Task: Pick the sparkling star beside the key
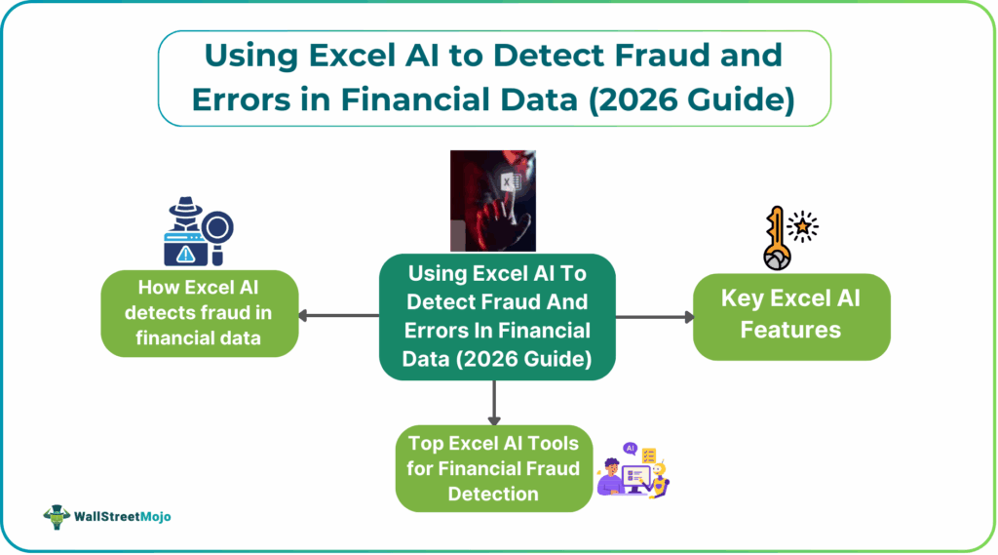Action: click(802, 227)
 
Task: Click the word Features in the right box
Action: click(790, 329)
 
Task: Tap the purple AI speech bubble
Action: click(630, 449)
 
